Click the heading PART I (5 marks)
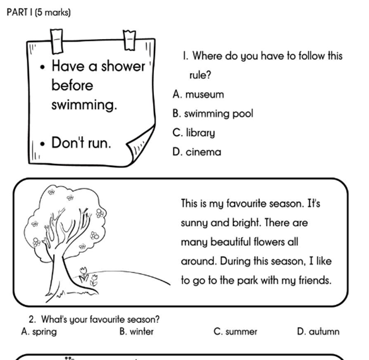point(38,12)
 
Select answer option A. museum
point(198,95)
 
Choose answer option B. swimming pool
point(213,113)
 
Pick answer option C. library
point(194,133)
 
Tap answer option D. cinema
point(197,152)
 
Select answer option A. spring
point(39,332)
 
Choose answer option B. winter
point(136,332)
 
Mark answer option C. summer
point(235,332)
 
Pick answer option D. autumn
point(318,332)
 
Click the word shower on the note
point(123,66)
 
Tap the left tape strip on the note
point(57,42)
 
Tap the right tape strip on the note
point(129,40)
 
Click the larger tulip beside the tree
point(83,274)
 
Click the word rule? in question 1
point(200,75)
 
